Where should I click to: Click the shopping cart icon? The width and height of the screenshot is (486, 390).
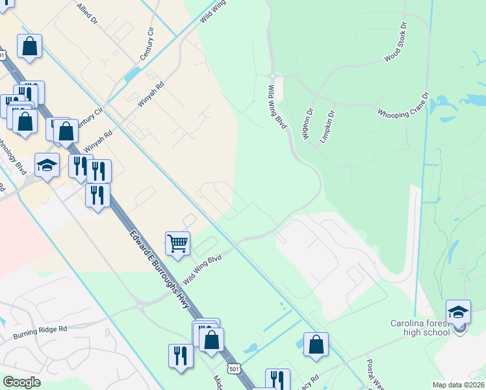pyautogui.click(x=177, y=244)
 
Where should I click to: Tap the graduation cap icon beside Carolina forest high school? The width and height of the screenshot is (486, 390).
pyautogui.click(x=458, y=311)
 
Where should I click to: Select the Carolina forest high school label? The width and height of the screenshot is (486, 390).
pyautogui.click(x=420, y=328)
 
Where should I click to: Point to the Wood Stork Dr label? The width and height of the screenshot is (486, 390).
pyautogui.click(x=395, y=43)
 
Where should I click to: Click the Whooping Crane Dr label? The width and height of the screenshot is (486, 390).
pyautogui.click(x=403, y=104)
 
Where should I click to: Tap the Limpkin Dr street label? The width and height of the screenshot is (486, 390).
pyautogui.click(x=327, y=127)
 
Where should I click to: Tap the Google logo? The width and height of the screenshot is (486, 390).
pyautogui.click(x=21, y=382)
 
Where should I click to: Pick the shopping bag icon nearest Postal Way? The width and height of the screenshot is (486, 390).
pyautogui.click(x=316, y=344)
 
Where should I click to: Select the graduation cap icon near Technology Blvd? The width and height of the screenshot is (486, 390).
pyautogui.click(x=47, y=165)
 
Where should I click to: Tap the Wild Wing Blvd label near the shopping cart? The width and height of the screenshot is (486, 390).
pyautogui.click(x=202, y=268)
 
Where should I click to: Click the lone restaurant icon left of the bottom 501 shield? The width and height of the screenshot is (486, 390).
pyautogui.click(x=181, y=356)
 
